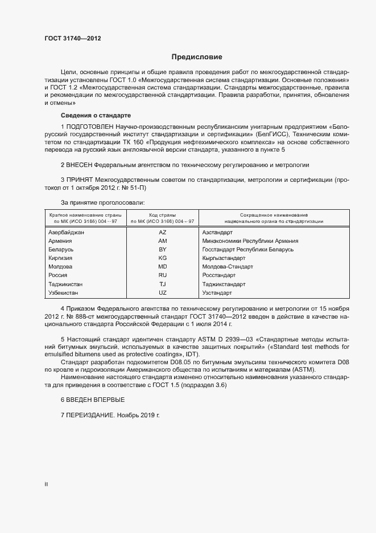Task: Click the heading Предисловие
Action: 197,57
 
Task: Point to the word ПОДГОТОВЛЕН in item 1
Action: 90,125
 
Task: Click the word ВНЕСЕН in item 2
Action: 79,165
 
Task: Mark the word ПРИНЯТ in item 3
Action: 79,180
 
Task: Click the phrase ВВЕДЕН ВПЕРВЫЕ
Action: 95,400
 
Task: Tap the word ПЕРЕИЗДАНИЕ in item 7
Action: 90,417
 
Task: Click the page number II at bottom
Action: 47,484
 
